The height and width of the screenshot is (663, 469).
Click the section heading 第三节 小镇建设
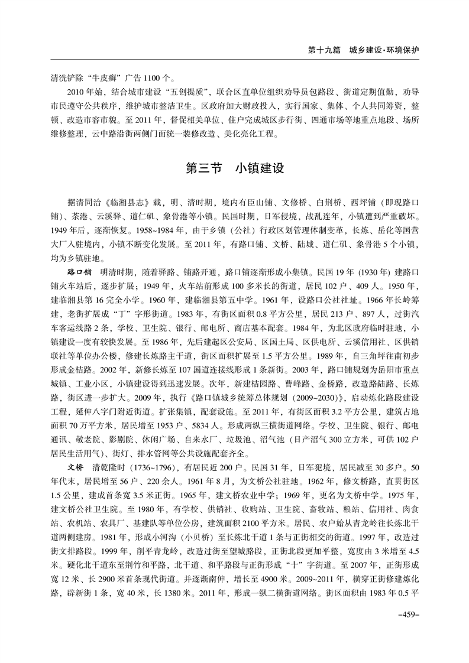[235, 168]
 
